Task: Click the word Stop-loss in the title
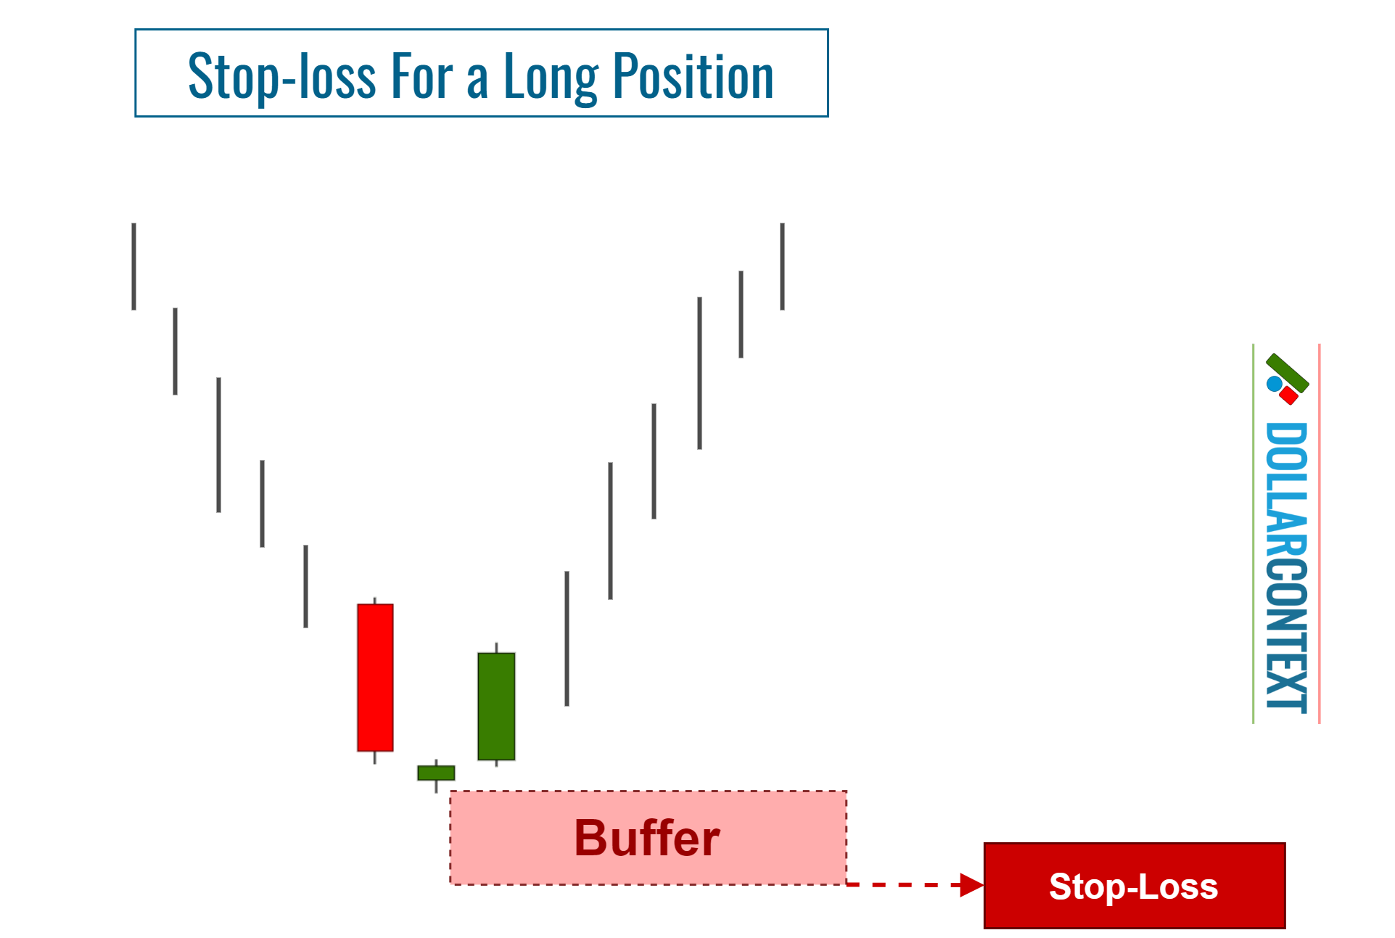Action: coord(281,76)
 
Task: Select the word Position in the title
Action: coord(693,76)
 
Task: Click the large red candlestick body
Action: coord(375,677)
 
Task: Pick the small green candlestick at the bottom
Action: coord(436,773)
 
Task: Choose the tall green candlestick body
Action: coord(496,706)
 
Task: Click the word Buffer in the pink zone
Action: coord(647,838)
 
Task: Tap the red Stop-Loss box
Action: coord(1134,886)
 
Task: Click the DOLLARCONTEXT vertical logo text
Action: coord(1286,566)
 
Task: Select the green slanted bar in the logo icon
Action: coord(1288,372)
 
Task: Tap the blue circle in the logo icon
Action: coord(1274,384)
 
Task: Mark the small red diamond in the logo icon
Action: coord(1289,395)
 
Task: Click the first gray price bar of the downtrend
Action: coord(134,266)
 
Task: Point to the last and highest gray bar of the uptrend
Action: coord(782,266)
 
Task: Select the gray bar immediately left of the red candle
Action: coord(305,586)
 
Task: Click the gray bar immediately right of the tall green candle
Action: coord(567,638)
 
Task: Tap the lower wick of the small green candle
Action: coord(436,786)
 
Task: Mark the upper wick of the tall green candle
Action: coord(496,647)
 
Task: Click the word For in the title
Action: coord(422,76)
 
